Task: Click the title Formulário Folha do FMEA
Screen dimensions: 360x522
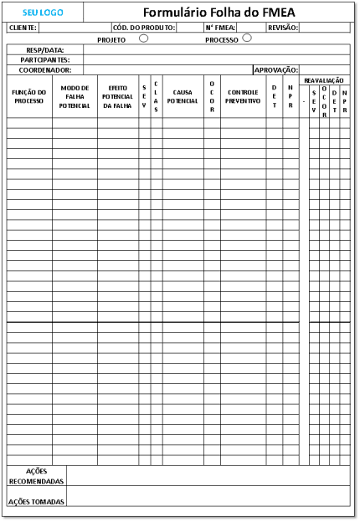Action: (x=219, y=13)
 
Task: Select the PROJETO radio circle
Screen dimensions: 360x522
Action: (x=144, y=38)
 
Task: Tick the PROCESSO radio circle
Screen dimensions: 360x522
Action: (x=247, y=38)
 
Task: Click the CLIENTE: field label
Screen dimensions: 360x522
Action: (x=23, y=28)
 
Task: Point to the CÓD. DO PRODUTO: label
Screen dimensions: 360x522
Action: (x=143, y=28)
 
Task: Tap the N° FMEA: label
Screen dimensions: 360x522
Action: (x=220, y=28)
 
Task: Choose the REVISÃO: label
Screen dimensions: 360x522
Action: (x=282, y=28)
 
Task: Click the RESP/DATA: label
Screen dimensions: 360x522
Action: (x=45, y=50)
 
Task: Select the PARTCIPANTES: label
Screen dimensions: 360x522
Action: (x=45, y=60)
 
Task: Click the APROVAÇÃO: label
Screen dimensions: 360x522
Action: (x=275, y=70)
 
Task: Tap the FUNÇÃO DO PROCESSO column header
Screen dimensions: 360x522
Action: (x=29, y=96)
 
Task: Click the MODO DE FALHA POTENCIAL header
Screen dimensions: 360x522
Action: (x=75, y=96)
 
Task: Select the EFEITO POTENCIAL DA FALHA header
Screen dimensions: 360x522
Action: (x=117, y=96)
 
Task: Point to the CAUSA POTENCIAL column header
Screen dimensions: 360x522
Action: (x=183, y=96)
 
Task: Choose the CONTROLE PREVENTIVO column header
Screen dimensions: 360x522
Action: (x=243, y=96)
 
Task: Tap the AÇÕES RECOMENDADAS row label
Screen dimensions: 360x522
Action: (x=36, y=476)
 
